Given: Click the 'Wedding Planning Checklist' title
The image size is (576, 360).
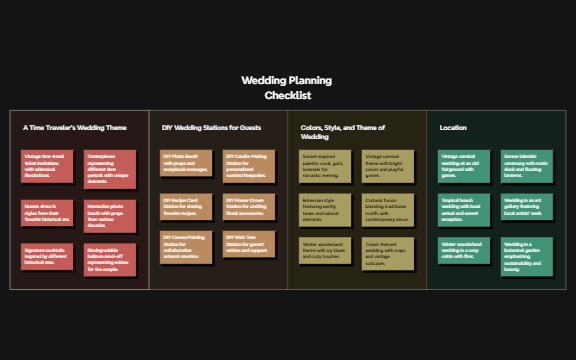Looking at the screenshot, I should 287,88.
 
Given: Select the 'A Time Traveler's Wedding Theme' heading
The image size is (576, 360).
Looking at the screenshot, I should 75,128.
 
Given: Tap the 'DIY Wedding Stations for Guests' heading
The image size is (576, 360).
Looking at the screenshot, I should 210,128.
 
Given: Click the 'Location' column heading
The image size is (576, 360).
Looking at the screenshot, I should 452,128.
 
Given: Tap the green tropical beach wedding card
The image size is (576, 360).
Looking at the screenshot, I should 462,209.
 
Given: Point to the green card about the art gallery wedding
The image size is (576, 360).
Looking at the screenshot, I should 526,207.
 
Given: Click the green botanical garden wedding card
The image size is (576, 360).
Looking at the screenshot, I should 526,257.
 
